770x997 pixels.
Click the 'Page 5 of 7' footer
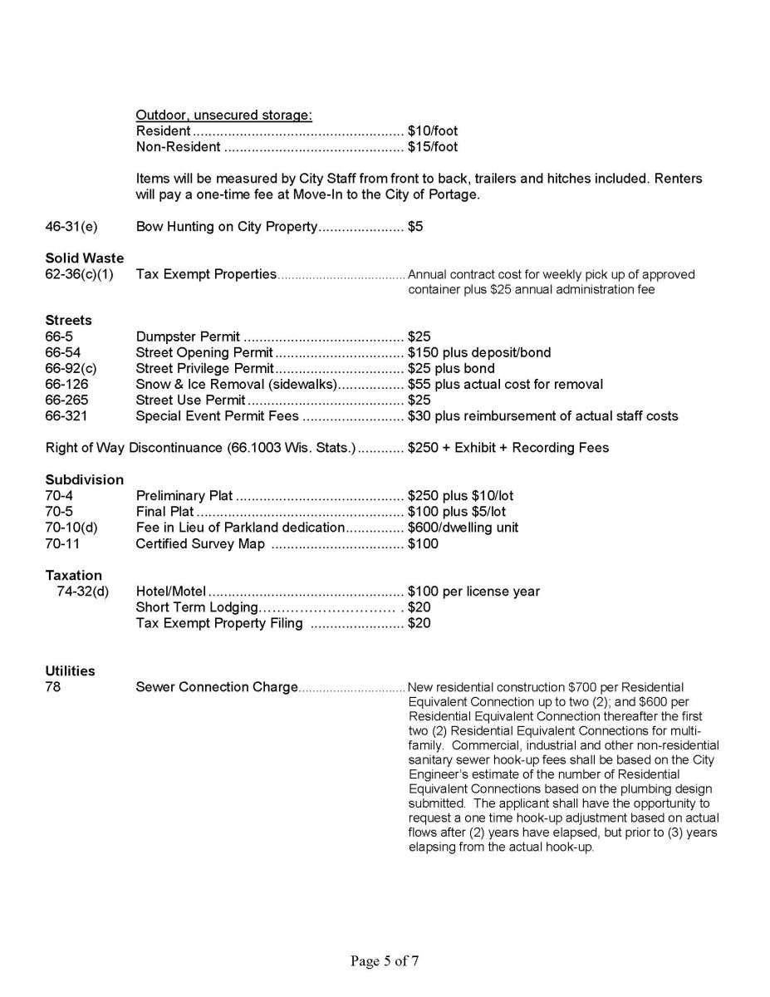[x=384, y=961]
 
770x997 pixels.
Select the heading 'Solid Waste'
[x=84, y=258]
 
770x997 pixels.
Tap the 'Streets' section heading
[x=68, y=321]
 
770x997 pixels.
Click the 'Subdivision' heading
[x=84, y=480]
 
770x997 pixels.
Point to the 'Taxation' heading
[x=73, y=576]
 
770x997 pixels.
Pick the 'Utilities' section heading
[x=70, y=671]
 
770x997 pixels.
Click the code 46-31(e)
[x=71, y=227]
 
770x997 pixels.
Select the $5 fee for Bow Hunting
[x=415, y=227]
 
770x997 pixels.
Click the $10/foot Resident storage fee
[x=433, y=131]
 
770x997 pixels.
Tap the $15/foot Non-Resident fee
[x=433, y=147]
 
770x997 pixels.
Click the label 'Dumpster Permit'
[x=188, y=337]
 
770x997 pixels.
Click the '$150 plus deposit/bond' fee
[x=479, y=353]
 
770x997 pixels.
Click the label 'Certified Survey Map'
[x=200, y=544]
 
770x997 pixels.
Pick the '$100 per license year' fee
[x=473, y=592]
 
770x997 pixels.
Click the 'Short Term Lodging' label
[x=197, y=607]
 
